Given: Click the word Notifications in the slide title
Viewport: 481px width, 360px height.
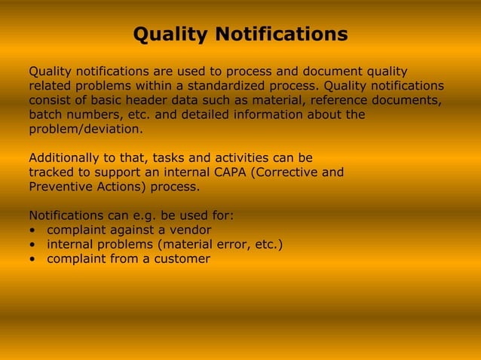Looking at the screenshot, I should [281, 35].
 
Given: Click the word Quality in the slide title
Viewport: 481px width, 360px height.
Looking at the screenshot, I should [171, 35].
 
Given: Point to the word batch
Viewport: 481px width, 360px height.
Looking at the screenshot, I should [46, 114].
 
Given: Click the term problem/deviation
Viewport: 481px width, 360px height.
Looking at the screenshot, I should [85, 129].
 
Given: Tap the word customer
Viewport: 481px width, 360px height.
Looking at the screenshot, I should [182, 258].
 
